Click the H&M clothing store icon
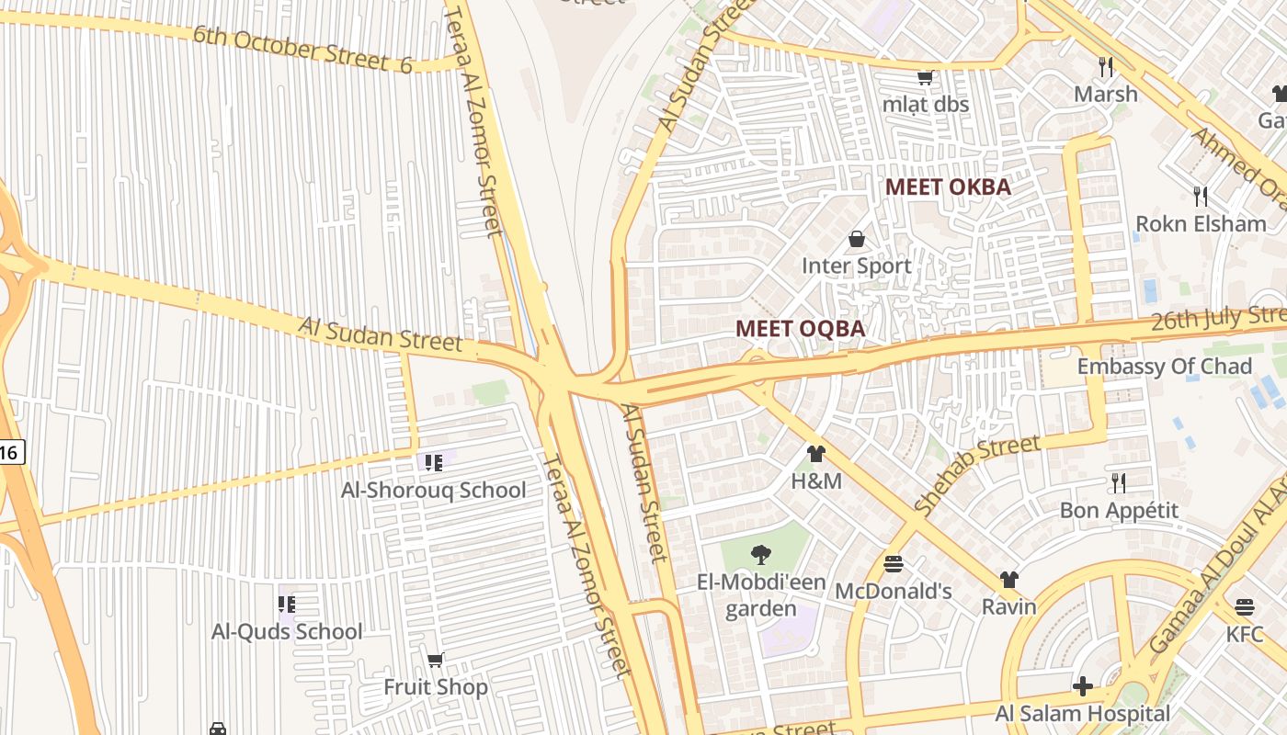[x=816, y=453]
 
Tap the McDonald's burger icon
[x=893, y=563]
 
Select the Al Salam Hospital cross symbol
[x=1083, y=686]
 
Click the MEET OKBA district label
[x=947, y=187]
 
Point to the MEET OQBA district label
[x=800, y=329]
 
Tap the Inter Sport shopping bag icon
[x=857, y=240]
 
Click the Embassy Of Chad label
[x=1164, y=367]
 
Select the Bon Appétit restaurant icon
[x=1118, y=482]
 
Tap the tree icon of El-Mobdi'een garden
[x=760, y=554]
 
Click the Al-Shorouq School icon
[x=433, y=462]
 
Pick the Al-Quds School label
[x=287, y=632]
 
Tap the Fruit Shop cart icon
[x=436, y=660]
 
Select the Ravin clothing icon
[x=1009, y=580]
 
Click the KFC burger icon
[x=1245, y=606]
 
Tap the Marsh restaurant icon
[x=1106, y=66]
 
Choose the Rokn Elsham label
[x=1201, y=224]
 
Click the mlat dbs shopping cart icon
[x=926, y=77]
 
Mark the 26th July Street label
[x=1219, y=320]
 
